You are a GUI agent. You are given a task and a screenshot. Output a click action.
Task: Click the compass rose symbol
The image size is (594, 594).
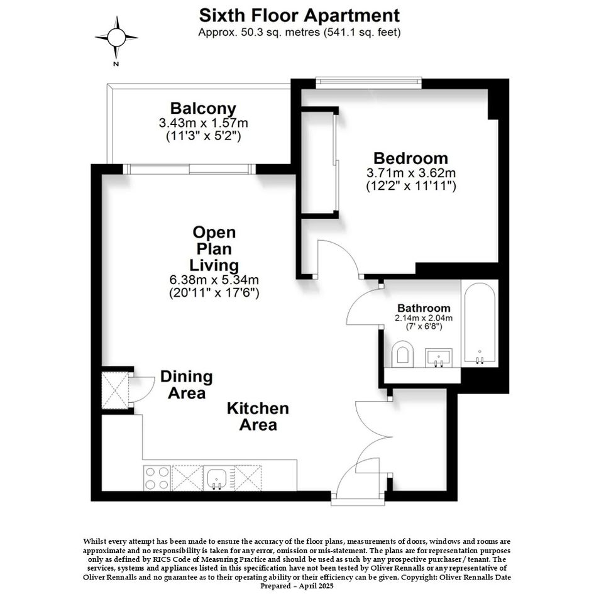[x=116, y=38]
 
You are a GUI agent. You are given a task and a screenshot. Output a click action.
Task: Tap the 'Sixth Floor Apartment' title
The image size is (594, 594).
[x=299, y=16]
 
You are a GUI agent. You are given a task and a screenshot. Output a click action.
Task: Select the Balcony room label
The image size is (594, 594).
[x=203, y=108]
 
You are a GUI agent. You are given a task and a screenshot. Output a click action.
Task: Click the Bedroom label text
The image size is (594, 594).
[x=410, y=158]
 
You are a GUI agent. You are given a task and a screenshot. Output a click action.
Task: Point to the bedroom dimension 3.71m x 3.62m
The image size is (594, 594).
[x=411, y=173]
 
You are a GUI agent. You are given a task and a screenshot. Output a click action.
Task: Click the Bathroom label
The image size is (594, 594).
[x=424, y=308]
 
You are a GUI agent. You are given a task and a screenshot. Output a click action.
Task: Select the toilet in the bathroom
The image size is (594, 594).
[x=402, y=354]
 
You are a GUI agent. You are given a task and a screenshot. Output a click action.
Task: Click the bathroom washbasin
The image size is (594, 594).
[x=439, y=358]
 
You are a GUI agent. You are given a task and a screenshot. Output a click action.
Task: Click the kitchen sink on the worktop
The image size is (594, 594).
[x=217, y=478]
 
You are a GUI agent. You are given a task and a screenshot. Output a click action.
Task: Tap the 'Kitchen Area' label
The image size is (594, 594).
[x=258, y=416]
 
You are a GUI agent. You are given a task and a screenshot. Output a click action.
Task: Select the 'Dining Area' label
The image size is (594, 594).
[x=187, y=385]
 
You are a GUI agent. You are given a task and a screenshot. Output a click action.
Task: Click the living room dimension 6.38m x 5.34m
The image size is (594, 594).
[x=214, y=280]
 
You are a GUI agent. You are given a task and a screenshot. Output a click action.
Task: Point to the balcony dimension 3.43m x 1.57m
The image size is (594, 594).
[x=204, y=123]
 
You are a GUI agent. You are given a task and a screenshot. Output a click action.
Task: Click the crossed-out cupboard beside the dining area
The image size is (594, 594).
[x=115, y=390]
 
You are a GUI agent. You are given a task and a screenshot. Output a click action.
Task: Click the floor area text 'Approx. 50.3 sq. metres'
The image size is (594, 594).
[x=259, y=33]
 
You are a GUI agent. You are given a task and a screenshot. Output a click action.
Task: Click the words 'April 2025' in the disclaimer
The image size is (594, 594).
[x=316, y=586]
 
